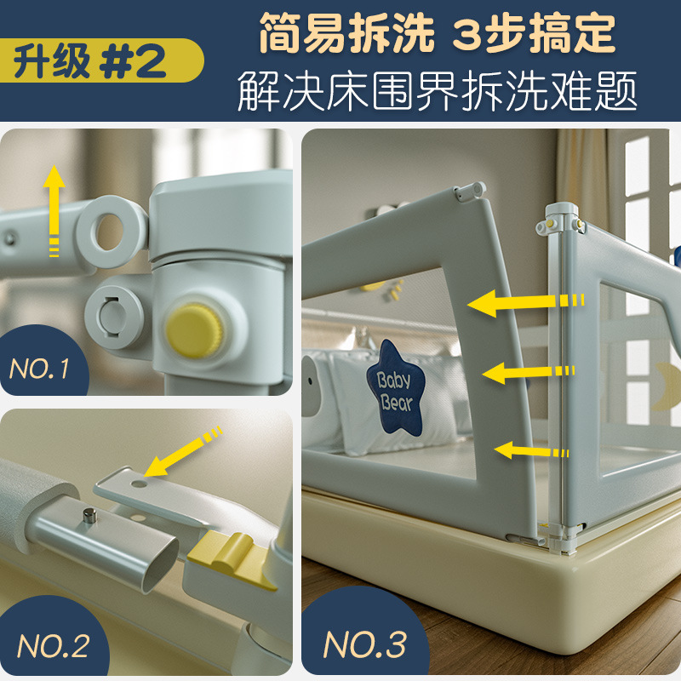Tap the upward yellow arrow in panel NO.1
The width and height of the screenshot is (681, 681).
coord(54,209)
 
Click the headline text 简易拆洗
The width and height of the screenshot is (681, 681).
coord(344,34)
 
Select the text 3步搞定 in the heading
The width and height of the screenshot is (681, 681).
coord(534,34)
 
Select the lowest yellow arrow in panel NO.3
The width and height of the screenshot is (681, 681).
coord(531,449)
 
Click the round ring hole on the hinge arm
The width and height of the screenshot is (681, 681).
coord(110,226)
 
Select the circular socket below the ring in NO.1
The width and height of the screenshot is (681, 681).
coord(112,312)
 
